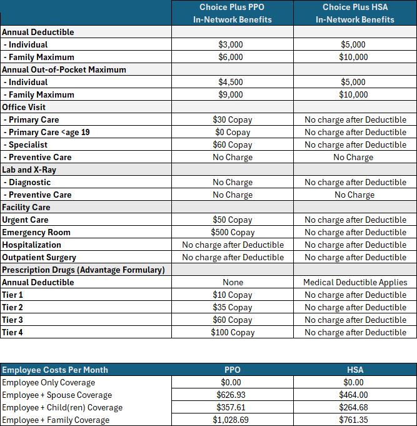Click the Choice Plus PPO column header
(x=232, y=13)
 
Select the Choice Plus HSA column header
(x=355, y=13)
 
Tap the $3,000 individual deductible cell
(x=232, y=44)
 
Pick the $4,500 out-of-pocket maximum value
(x=232, y=82)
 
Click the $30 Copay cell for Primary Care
(x=232, y=119)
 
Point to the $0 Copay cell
(x=232, y=132)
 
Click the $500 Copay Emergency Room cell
(x=232, y=232)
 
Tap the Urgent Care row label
(x=25, y=220)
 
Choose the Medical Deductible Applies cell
(x=355, y=282)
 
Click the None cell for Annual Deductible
(x=232, y=282)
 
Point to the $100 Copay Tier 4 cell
(x=232, y=332)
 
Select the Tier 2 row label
(x=13, y=307)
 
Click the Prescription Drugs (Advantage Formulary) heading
(x=83, y=270)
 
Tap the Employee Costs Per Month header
(x=55, y=370)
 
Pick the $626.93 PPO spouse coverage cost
(x=232, y=395)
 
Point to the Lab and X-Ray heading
(x=29, y=170)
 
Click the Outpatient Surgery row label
(x=39, y=257)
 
